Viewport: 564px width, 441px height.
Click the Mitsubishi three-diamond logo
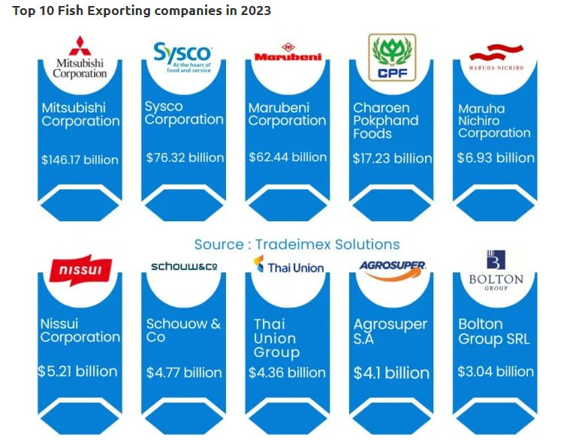pos(80,46)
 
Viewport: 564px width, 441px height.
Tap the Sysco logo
pos(182,58)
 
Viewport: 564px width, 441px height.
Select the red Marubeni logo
pos(288,52)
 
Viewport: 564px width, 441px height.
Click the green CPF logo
pos(392,58)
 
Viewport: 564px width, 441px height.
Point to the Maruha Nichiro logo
pos(496,58)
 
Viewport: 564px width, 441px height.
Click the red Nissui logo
pos(80,270)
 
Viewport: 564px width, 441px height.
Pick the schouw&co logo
pos(184,266)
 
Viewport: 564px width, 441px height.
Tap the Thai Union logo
pos(288,265)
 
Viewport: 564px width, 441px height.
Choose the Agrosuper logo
pos(393,270)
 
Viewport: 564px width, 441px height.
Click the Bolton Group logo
pos(496,270)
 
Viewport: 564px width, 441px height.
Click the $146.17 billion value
pos(80,160)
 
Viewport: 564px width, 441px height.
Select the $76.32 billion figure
pos(185,157)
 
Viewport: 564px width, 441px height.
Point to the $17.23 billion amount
pos(392,158)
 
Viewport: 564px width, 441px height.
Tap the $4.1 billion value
pos(391,373)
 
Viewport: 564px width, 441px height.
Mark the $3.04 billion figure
pos(496,371)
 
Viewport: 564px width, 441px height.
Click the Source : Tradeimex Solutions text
pos(297,244)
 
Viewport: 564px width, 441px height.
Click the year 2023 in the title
pos(255,10)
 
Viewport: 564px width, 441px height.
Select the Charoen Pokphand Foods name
pos(385,121)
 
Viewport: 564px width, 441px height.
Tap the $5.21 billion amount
pos(77,371)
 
